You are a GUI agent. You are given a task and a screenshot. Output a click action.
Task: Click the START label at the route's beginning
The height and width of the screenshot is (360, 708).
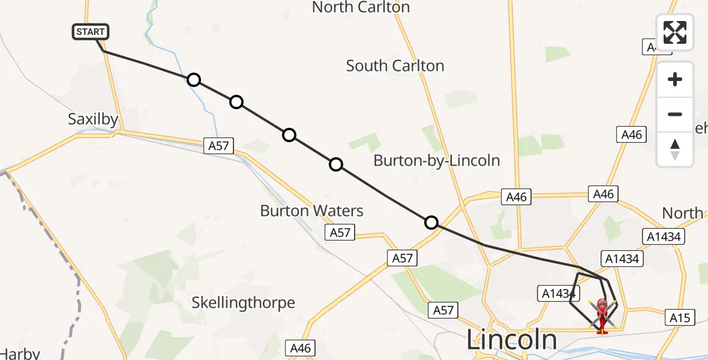(x=91, y=32)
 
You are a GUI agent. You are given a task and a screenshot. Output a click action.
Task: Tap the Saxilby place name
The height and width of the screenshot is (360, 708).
(x=93, y=119)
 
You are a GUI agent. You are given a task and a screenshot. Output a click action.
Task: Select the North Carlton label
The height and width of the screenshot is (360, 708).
(x=361, y=7)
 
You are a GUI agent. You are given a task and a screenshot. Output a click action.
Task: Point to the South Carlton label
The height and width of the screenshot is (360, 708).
(x=395, y=65)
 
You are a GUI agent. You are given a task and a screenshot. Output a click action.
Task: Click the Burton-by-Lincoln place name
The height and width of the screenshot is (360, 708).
(x=436, y=160)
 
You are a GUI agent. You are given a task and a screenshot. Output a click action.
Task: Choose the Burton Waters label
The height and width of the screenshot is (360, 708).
(x=311, y=211)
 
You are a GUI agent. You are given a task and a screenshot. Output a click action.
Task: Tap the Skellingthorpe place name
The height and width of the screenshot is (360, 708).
(x=243, y=302)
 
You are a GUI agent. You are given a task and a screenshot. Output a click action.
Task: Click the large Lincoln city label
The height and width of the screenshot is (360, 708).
(x=512, y=340)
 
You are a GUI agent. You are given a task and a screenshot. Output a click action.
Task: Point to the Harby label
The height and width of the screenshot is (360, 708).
(x=20, y=353)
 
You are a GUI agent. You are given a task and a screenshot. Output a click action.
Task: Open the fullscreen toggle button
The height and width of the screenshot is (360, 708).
(x=675, y=32)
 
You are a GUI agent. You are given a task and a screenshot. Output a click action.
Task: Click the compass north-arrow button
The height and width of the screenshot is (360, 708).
(x=675, y=149)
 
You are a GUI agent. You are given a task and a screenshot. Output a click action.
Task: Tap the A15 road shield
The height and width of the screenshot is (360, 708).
(x=680, y=318)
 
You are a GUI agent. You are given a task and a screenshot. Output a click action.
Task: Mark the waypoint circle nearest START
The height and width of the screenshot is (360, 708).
(x=193, y=80)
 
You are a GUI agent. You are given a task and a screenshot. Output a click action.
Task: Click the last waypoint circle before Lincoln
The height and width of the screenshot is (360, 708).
(x=431, y=223)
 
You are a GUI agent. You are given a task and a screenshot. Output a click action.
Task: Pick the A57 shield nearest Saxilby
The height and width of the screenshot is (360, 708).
(x=218, y=145)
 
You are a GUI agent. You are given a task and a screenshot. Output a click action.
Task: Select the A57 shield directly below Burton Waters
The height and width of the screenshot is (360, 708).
(x=340, y=232)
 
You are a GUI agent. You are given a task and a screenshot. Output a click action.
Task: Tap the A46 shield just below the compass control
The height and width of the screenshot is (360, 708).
(x=632, y=134)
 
